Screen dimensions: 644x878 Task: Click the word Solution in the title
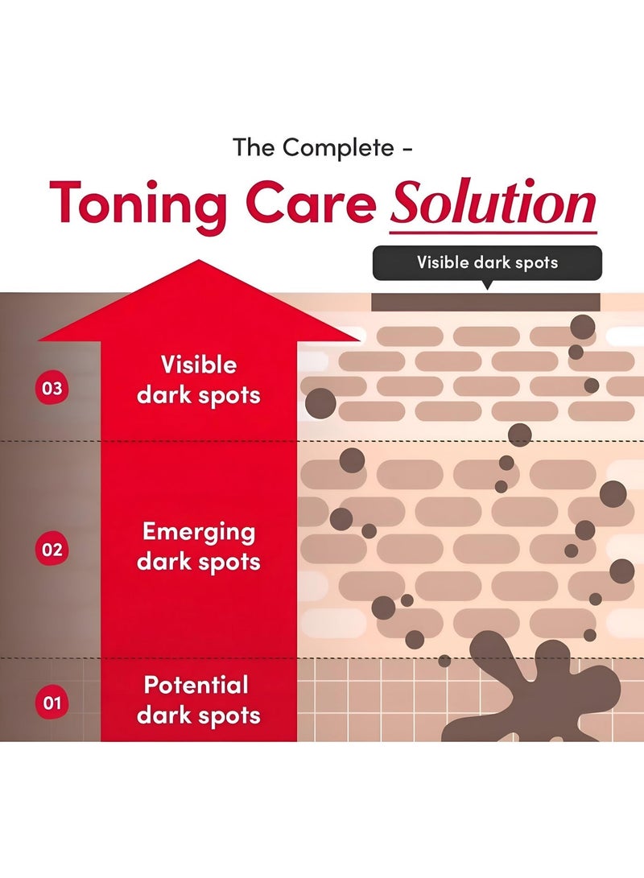click(x=493, y=203)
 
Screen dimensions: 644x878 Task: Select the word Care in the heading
click(x=311, y=203)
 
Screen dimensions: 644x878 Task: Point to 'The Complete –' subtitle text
click(x=323, y=148)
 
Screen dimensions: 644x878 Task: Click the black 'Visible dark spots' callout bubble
click(x=487, y=262)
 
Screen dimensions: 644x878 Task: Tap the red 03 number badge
click(x=52, y=388)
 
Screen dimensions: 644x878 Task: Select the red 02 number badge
click(x=52, y=550)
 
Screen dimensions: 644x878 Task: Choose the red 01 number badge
click(x=52, y=703)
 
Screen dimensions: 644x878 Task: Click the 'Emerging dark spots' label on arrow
click(x=199, y=546)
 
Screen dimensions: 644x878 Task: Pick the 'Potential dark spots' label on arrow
click(x=199, y=700)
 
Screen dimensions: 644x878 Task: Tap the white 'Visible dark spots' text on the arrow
click(x=199, y=380)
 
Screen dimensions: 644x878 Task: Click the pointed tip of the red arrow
click(x=199, y=261)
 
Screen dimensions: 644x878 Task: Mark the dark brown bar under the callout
click(x=485, y=302)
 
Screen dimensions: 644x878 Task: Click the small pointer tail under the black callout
click(x=487, y=284)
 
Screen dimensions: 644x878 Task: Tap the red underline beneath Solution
click(x=493, y=231)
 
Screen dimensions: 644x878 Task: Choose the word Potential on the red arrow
click(x=196, y=685)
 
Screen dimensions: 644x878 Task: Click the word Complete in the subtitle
click(x=338, y=148)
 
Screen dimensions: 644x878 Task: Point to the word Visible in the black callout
click(x=443, y=262)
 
